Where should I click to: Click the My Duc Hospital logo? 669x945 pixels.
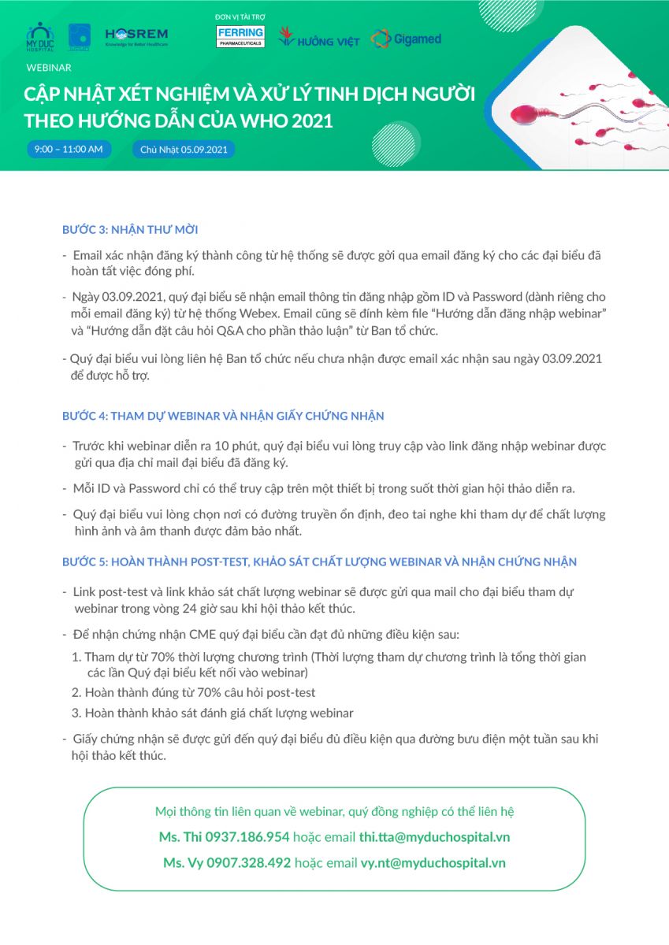point(39,36)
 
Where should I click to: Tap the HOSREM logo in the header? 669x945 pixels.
point(136,36)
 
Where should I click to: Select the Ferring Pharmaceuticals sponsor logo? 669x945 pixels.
point(240,37)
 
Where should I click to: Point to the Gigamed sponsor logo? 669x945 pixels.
point(406,39)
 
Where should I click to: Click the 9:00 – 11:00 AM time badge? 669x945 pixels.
point(69,149)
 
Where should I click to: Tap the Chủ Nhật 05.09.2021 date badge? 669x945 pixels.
point(183,149)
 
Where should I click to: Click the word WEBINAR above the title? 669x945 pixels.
point(49,68)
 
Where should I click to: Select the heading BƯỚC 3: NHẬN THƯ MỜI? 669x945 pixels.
point(130,230)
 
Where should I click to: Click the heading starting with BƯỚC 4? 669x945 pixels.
point(223,415)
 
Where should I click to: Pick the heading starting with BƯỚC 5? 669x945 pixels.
point(319,561)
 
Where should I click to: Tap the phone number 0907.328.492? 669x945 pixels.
point(249,862)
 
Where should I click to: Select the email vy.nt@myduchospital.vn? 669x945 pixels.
point(433,862)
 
